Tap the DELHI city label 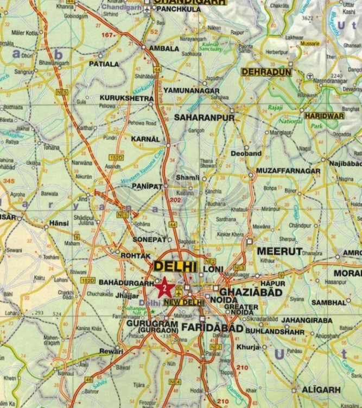tap(175, 267)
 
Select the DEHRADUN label tap(266, 71)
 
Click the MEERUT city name tap(280, 251)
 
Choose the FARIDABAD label tap(209, 327)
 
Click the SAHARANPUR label tap(204, 118)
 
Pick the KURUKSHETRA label tap(127, 98)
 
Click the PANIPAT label tap(148, 186)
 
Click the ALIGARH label tap(323, 390)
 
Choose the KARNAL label tap(146, 139)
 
